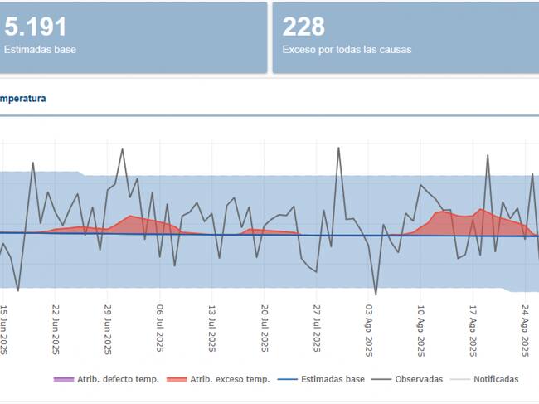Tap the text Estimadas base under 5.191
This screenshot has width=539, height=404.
[x=40, y=50]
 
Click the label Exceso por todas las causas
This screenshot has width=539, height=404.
[x=347, y=50]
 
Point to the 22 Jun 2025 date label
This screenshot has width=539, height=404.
[x=55, y=329]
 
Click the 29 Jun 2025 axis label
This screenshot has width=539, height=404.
[x=107, y=329]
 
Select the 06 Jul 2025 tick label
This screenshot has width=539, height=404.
[x=159, y=329]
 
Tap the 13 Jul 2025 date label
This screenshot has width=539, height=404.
[x=211, y=329]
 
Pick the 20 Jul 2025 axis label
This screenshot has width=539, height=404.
[x=265, y=329]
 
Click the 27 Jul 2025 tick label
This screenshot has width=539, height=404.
[x=317, y=329]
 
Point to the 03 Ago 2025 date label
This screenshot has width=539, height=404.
[x=369, y=329]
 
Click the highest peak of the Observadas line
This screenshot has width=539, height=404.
[x=338, y=148]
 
